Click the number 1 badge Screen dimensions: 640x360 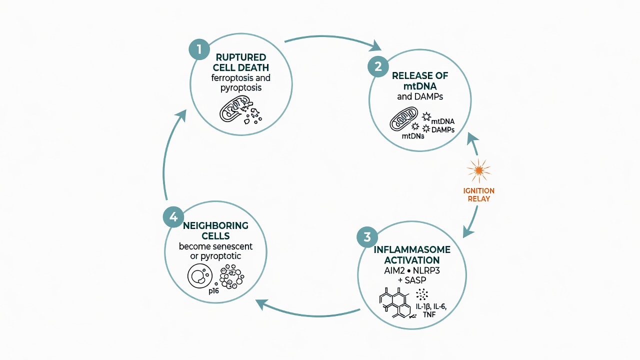[199, 49]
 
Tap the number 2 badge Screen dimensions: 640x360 [378, 66]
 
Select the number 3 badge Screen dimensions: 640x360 [367, 237]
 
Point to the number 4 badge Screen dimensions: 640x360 [173, 217]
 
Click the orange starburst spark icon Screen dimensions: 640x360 [479, 170]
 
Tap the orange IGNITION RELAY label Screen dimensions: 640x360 [479, 194]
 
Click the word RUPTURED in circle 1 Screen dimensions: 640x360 [241, 57]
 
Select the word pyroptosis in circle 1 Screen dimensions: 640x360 [241, 87]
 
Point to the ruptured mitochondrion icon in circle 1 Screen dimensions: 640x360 [240, 109]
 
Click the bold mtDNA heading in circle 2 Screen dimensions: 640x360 [420, 86]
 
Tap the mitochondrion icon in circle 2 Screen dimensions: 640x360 [403, 119]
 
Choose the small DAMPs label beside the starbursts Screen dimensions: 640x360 [443, 130]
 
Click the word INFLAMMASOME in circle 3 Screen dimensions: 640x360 [412, 249]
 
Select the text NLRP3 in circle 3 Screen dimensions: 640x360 [426, 270]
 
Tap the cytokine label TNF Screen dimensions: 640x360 [429, 315]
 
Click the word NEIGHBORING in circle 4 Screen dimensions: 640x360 [215, 225]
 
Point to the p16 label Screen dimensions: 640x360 [213, 291]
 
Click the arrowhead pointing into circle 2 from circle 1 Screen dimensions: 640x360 [375, 46]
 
